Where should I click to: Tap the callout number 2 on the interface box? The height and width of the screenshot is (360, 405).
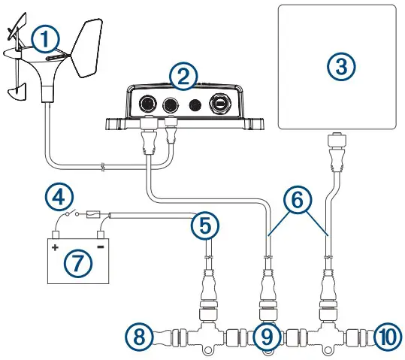tap(183, 75)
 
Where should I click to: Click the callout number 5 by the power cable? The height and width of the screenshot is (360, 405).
tap(204, 224)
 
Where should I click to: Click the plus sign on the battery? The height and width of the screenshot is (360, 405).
tap(56, 246)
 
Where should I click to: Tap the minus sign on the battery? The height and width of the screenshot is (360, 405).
tap(101, 246)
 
